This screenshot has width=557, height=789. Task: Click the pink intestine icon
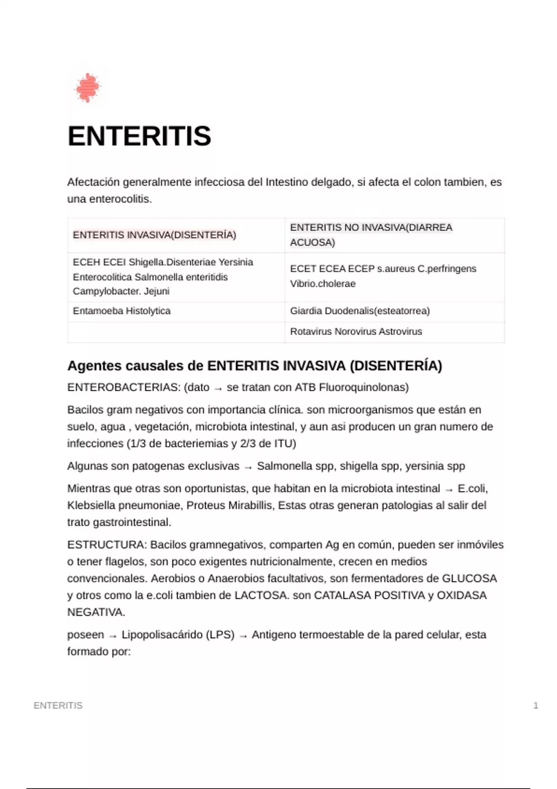[x=87, y=87]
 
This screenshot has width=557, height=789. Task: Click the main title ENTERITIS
[x=139, y=136]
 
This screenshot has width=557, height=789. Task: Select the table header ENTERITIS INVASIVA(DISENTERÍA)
[x=155, y=235]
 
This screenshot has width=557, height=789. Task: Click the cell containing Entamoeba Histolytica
[x=122, y=311]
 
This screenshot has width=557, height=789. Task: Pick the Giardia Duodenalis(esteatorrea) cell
[x=360, y=311]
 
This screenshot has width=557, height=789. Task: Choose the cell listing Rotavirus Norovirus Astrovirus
[x=356, y=331]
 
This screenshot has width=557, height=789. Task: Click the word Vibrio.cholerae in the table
[x=323, y=284]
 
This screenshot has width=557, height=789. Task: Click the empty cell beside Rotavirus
[x=176, y=332]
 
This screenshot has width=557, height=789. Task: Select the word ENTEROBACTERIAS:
[x=123, y=388]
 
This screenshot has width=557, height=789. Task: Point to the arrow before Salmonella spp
[x=248, y=467]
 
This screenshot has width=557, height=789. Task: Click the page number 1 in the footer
[x=536, y=705]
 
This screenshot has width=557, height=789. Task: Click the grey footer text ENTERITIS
[x=58, y=705]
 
